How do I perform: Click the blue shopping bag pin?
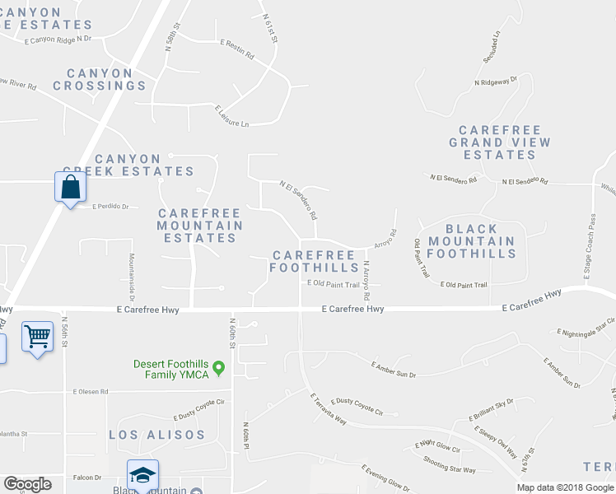pos(71,186)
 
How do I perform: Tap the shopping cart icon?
pos(37,336)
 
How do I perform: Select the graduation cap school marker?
pos(142,475)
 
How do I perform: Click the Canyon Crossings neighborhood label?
pos(100,79)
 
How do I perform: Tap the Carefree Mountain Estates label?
pos(200,226)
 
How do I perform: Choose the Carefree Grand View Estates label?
pos(499,142)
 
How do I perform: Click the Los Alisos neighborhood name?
pos(156,434)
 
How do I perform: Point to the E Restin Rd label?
pos(237,49)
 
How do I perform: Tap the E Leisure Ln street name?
pos(231,116)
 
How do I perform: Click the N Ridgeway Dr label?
pos(495,81)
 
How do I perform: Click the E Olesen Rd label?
pos(91,391)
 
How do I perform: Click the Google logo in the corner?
pos(27,484)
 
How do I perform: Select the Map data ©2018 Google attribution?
pos(565,487)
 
